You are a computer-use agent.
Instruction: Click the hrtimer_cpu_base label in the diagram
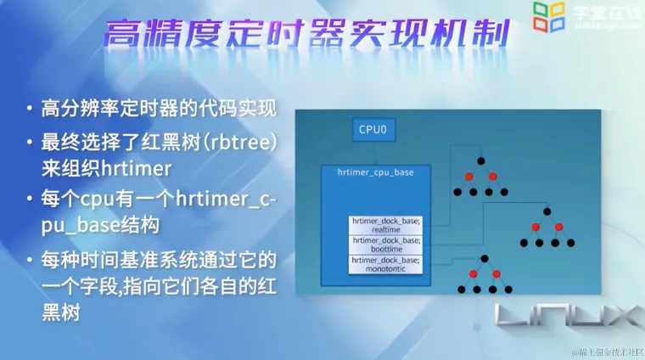(375, 172)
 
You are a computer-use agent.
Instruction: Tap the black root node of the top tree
(480, 160)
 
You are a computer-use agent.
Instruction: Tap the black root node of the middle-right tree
(547, 210)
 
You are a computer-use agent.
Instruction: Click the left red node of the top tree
(467, 177)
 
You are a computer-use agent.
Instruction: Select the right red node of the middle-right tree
(560, 226)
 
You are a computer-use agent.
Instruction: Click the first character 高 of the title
(121, 36)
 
